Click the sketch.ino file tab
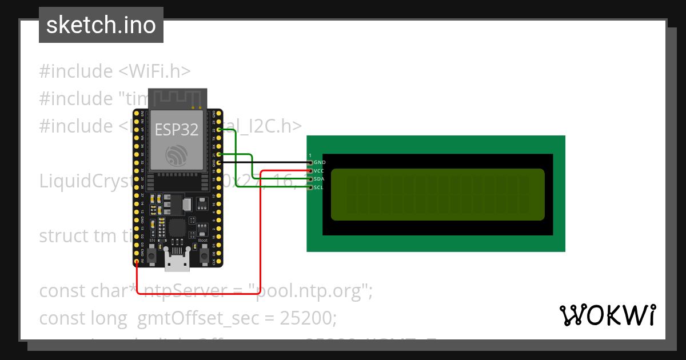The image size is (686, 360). [101, 25]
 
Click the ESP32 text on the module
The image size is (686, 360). [177, 129]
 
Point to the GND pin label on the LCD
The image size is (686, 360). [320, 162]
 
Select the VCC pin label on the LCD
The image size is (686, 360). [319, 171]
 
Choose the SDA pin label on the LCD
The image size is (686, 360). [319, 179]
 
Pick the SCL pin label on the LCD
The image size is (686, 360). [319, 187]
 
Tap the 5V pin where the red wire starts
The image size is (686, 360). [137, 262]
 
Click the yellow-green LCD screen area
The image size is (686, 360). [437, 194]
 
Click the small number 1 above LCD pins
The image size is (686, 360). [310, 155]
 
